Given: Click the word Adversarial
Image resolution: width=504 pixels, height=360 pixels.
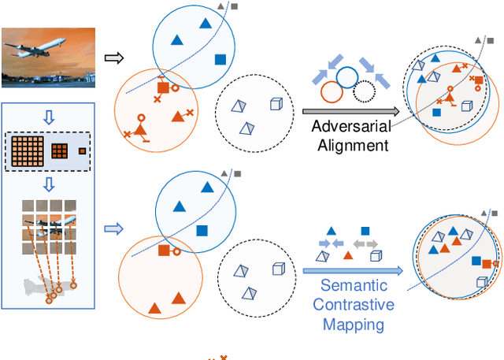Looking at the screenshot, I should pos(350,127).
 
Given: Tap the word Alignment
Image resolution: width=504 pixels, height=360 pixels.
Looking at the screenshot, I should pos(350,145).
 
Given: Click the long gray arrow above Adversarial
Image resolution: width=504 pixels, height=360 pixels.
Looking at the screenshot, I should pos(346,112).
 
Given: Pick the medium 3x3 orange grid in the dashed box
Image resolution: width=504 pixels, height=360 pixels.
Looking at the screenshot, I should pos(60,151).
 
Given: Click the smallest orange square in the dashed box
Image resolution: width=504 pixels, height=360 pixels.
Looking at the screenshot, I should pos(82,151).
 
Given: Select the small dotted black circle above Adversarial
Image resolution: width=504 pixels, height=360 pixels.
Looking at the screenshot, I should pos(363,93).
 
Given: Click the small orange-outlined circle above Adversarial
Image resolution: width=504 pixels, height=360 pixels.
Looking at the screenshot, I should pos(330,93).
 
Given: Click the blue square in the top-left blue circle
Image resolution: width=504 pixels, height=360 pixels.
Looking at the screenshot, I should pos(220,59).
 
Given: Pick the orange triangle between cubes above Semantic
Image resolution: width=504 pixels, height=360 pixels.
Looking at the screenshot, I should pos(347,254).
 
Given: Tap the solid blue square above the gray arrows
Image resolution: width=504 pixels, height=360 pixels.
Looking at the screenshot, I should pos(365,232).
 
